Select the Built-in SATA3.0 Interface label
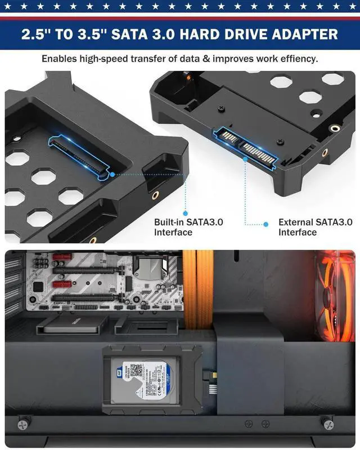click(x=188, y=227)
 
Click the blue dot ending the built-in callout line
click(x=113, y=174)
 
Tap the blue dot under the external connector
click(x=246, y=159)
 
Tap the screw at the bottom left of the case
click(x=23, y=422)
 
